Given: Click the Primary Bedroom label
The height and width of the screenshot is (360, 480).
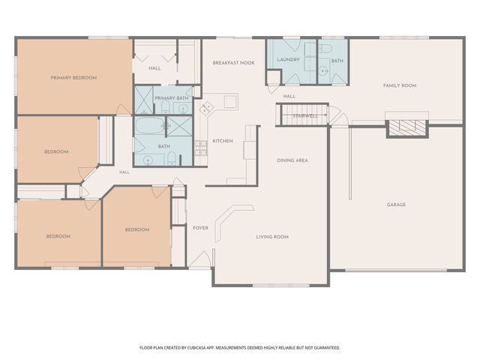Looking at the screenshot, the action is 73,78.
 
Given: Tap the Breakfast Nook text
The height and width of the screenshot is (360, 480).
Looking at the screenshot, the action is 233,63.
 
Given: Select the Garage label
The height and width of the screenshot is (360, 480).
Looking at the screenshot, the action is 396,205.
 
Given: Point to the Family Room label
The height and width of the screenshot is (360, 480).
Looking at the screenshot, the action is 400,85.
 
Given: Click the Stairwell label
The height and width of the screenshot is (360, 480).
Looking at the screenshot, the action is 305,116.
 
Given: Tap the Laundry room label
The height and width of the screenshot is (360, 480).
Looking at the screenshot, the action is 288,60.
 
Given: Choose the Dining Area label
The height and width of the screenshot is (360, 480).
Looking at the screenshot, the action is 292,160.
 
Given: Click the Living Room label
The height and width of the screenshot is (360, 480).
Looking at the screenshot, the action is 272,237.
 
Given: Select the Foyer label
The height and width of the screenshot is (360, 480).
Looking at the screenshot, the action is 200,228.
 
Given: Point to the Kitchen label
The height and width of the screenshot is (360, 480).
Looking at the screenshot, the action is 223,141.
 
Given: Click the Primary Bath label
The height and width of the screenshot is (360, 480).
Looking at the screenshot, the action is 172,98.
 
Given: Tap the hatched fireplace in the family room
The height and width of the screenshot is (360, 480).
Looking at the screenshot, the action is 406,127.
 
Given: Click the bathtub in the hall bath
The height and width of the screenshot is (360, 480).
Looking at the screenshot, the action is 150,125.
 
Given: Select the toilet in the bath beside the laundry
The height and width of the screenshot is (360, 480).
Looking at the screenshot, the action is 325,48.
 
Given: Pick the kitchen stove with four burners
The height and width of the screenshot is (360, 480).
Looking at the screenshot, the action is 201,148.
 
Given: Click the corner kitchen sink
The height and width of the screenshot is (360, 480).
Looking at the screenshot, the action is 207,107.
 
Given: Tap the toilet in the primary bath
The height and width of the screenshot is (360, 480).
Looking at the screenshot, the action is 165,107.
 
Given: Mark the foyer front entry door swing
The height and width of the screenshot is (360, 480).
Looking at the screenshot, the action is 199,259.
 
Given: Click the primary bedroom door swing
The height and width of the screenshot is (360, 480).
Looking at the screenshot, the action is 124,109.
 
